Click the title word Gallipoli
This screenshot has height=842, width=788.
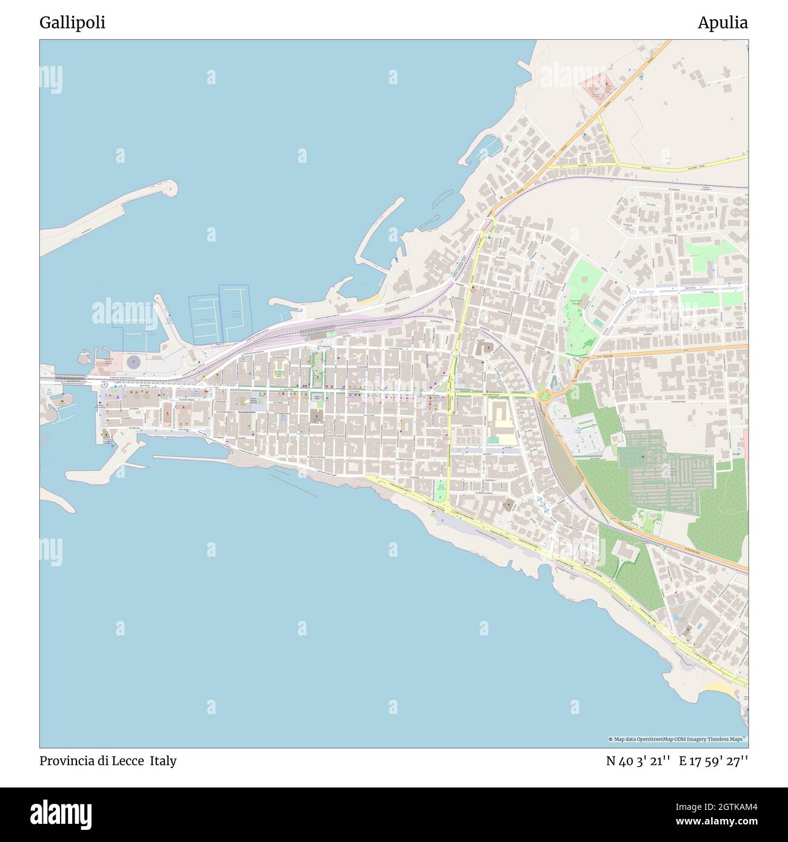coord(72,23)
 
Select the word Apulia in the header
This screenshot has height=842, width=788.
coord(722,23)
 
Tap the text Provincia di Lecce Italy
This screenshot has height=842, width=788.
coord(108,761)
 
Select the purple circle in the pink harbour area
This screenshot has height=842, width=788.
coord(133,362)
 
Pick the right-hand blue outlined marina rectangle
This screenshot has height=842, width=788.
coord(233,313)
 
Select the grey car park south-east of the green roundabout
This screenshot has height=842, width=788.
coord(579,434)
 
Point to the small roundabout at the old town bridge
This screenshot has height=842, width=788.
coord(104,383)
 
